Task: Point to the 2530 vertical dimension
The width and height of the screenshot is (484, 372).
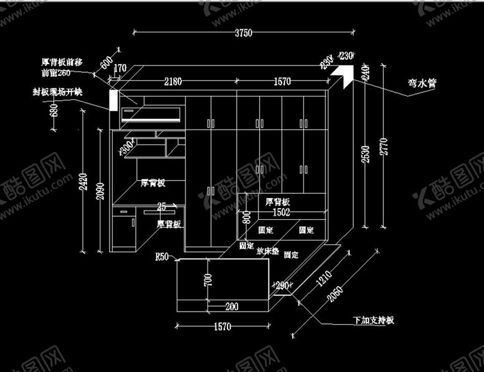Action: [x=366, y=154]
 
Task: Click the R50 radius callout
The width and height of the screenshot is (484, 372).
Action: [x=163, y=257]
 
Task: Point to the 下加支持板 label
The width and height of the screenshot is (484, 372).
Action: [x=372, y=321]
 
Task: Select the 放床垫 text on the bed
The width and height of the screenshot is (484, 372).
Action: [x=267, y=251]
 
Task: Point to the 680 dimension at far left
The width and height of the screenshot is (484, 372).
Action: [x=54, y=111]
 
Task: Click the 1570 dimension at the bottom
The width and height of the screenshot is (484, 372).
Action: [x=222, y=327]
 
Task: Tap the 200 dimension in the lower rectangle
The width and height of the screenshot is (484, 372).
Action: [x=232, y=307]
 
